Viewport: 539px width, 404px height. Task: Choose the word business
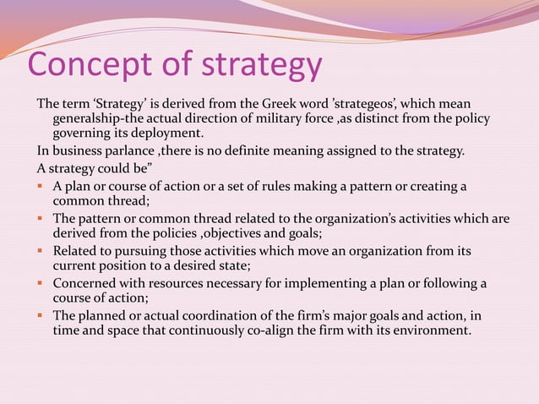click(x=73, y=151)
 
